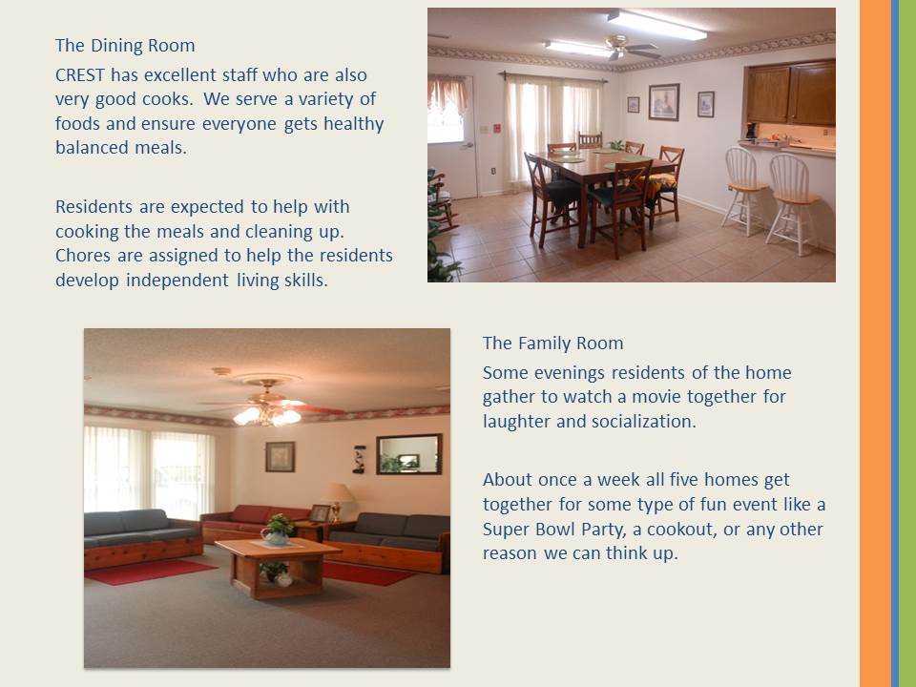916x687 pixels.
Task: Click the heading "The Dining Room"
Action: [125, 46]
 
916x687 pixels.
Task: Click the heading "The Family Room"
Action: [552, 343]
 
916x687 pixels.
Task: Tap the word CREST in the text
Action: [80, 75]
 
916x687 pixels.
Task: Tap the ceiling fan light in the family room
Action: [267, 415]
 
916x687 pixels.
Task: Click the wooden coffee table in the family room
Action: [277, 567]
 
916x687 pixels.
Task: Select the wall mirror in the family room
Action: [409, 454]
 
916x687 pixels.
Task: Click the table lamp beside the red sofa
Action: [337, 501]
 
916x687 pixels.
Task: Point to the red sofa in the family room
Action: [255, 521]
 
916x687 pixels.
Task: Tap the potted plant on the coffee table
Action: [278, 530]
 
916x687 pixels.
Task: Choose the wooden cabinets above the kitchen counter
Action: [790, 93]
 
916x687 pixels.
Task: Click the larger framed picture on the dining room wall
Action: [664, 102]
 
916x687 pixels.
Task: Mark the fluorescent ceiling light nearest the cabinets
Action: [656, 25]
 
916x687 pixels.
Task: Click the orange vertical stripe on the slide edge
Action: [875, 343]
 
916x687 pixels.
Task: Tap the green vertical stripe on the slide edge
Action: [907, 343]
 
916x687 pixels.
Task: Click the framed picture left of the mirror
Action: [280, 457]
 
